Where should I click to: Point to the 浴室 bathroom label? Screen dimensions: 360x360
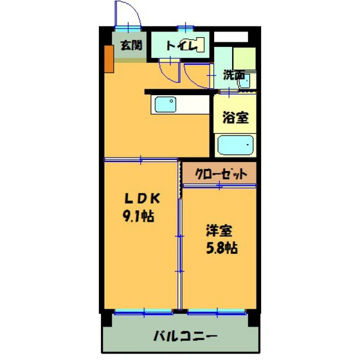coord(234,118)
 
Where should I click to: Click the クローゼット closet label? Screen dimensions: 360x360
coord(219,173)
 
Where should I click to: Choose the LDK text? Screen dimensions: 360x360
coord(138,198)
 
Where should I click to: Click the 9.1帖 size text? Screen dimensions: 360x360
coord(138,216)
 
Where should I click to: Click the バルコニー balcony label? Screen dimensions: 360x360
coord(184,336)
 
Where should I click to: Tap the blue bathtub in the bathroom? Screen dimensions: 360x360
coord(235,145)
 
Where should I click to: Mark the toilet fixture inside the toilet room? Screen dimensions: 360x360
coord(199,46)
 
